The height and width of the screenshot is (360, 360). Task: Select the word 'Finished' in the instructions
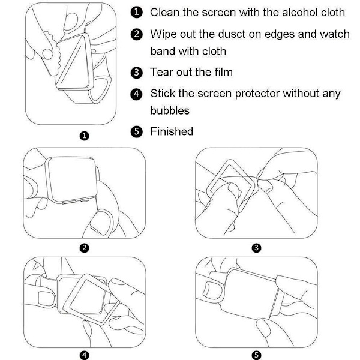[x=172, y=131]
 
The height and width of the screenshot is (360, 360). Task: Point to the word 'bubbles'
[x=170, y=110]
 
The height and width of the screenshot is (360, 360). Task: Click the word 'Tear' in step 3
[x=161, y=72]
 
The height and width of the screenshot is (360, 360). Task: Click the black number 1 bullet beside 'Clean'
[x=137, y=12]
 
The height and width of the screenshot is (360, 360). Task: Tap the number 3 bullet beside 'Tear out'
[x=137, y=73]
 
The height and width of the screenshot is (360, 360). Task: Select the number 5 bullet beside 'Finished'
[x=137, y=132]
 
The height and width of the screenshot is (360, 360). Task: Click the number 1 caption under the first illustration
[x=84, y=136]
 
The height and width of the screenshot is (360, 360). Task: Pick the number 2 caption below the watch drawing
[x=84, y=248]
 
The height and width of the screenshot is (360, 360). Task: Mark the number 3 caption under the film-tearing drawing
[x=256, y=248]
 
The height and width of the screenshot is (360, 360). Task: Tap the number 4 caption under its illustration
[x=84, y=355]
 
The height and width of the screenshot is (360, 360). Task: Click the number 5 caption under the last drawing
[x=256, y=355]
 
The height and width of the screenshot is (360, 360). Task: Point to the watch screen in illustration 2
[x=71, y=178]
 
